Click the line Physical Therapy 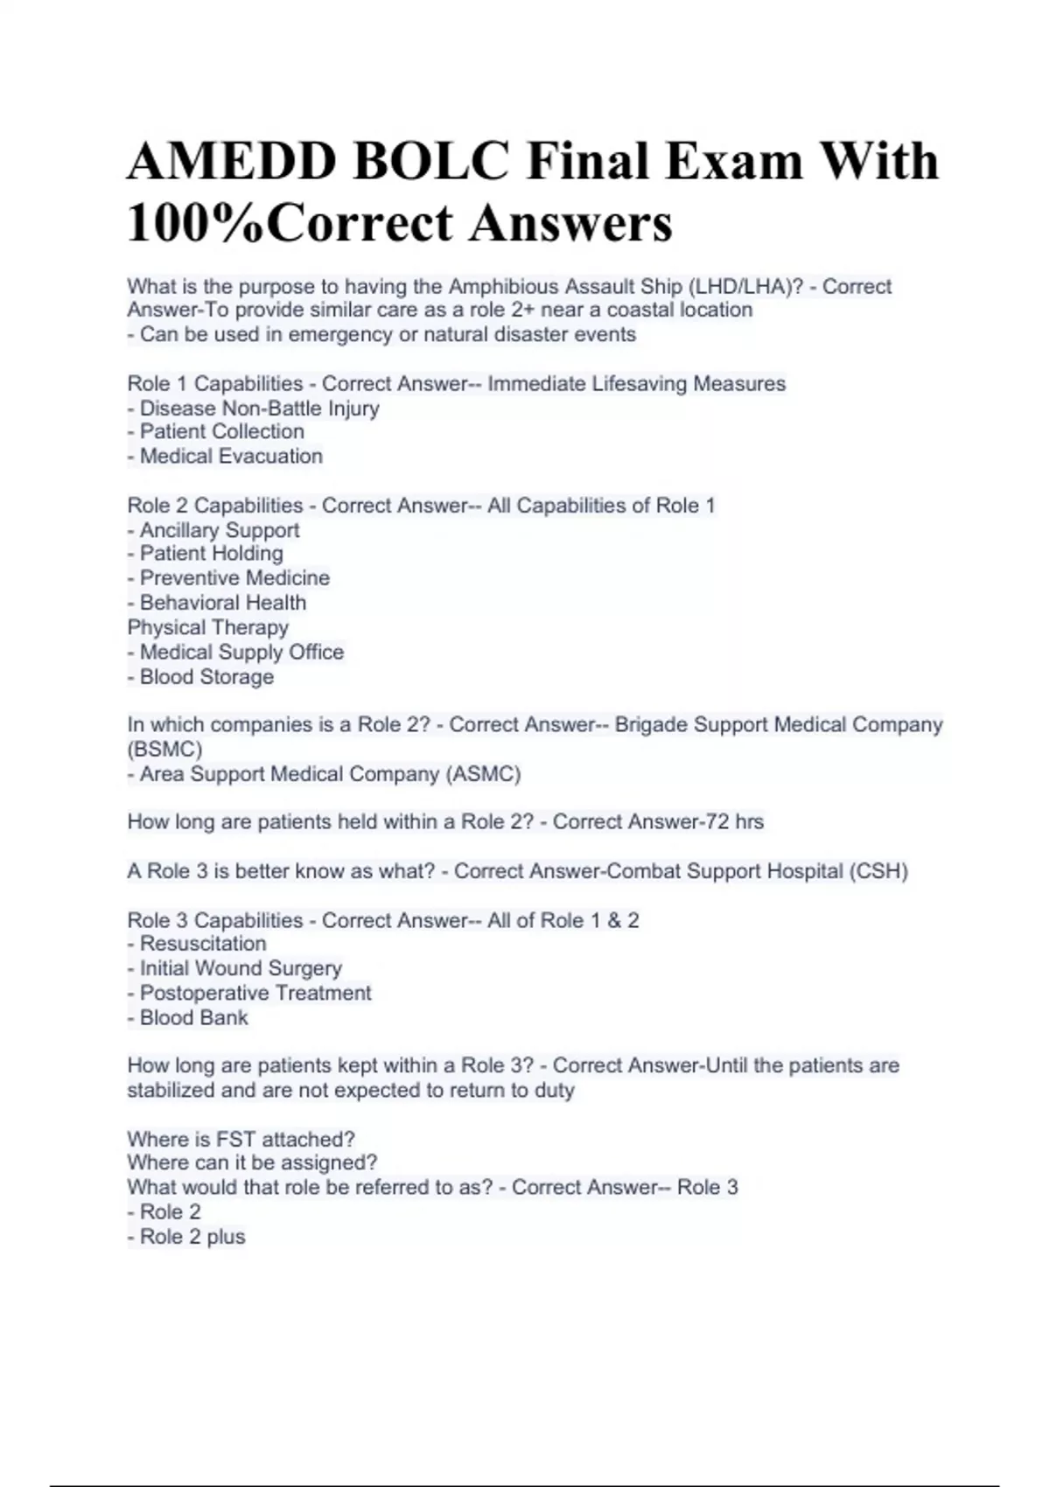click(207, 627)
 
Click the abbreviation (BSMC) click(164, 749)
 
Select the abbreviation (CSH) click(878, 871)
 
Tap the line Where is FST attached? click(241, 1139)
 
